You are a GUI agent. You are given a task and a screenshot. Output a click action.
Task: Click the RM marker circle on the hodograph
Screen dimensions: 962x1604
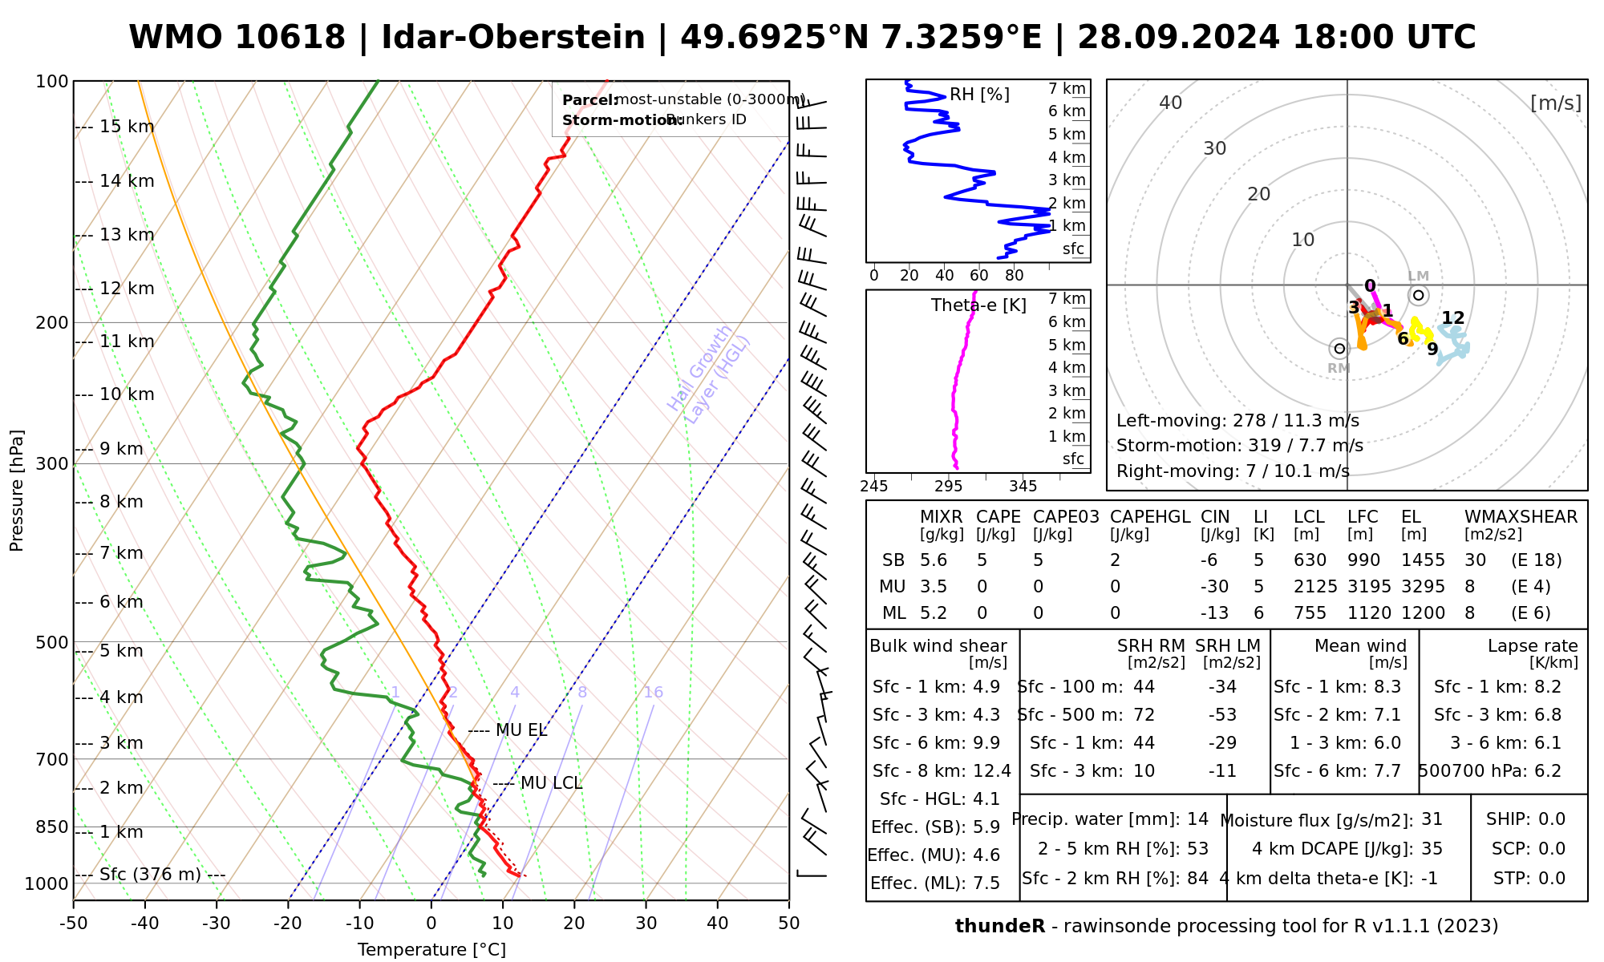point(1339,349)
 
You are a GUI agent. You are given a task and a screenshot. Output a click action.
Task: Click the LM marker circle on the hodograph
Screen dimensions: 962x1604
point(1419,295)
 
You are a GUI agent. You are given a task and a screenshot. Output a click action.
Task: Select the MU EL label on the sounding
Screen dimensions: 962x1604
point(521,730)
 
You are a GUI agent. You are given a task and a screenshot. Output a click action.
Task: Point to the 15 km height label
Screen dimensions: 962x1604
point(127,127)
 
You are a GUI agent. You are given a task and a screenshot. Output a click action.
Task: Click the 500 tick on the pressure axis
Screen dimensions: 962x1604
point(53,643)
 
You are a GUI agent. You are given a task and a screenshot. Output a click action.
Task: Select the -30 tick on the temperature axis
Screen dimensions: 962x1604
point(217,924)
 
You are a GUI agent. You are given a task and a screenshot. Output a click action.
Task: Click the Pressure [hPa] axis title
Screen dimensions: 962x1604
point(17,491)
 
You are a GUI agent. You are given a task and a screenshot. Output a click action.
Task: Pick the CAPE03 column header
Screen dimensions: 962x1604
point(1066,517)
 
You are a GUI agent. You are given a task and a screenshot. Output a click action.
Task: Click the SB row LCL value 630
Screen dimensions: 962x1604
point(1310,560)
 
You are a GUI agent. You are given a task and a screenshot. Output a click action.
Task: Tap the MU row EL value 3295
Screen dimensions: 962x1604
point(1423,587)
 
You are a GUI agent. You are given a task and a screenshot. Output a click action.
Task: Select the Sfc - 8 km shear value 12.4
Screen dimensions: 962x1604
point(991,771)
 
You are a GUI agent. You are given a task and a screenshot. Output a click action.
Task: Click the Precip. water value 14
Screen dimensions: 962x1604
point(1197,819)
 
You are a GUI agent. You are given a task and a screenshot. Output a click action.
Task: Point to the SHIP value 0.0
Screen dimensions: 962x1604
point(1552,819)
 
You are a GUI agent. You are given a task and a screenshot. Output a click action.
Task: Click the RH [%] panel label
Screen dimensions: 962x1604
point(979,95)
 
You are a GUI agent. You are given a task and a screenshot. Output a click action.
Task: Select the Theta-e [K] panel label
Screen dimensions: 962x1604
point(978,305)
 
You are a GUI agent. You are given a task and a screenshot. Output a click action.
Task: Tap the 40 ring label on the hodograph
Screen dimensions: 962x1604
point(1171,103)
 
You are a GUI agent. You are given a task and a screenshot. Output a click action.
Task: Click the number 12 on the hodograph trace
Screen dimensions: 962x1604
point(1452,318)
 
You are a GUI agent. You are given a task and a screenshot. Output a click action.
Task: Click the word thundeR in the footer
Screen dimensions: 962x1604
point(1000,927)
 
